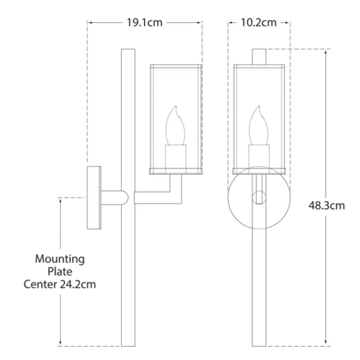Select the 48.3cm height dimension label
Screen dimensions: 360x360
pyautogui.click(x=327, y=205)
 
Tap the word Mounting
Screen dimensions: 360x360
pyautogui.click(x=60, y=259)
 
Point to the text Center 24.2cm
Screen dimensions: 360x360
pyautogui.click(x=60, y=284)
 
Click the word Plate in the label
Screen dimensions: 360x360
pyautogui.click(x=60, y=271)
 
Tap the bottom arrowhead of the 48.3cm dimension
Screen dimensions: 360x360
pyautogui.click(x=326, y=344)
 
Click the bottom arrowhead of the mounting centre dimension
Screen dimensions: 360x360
pyautogui.click(x=61, y=344)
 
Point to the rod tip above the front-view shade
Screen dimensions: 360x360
pyautogui.click(x=260, y=55)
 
